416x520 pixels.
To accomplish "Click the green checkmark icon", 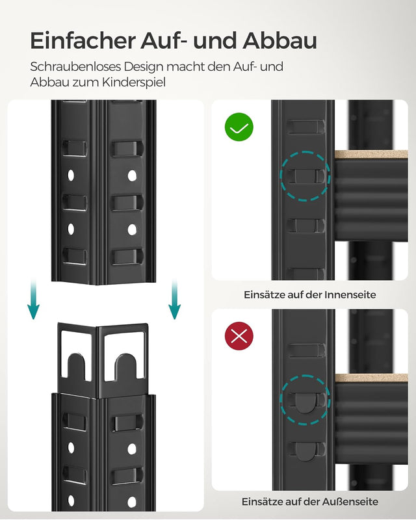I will point(239,127).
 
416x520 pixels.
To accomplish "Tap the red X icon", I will point(239,335).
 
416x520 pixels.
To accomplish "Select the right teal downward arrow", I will point(174,301).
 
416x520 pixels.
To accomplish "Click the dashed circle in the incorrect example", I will point(304,398).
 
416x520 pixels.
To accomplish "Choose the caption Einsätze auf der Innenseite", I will point(310,294).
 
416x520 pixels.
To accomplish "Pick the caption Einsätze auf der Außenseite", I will point(310,502).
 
